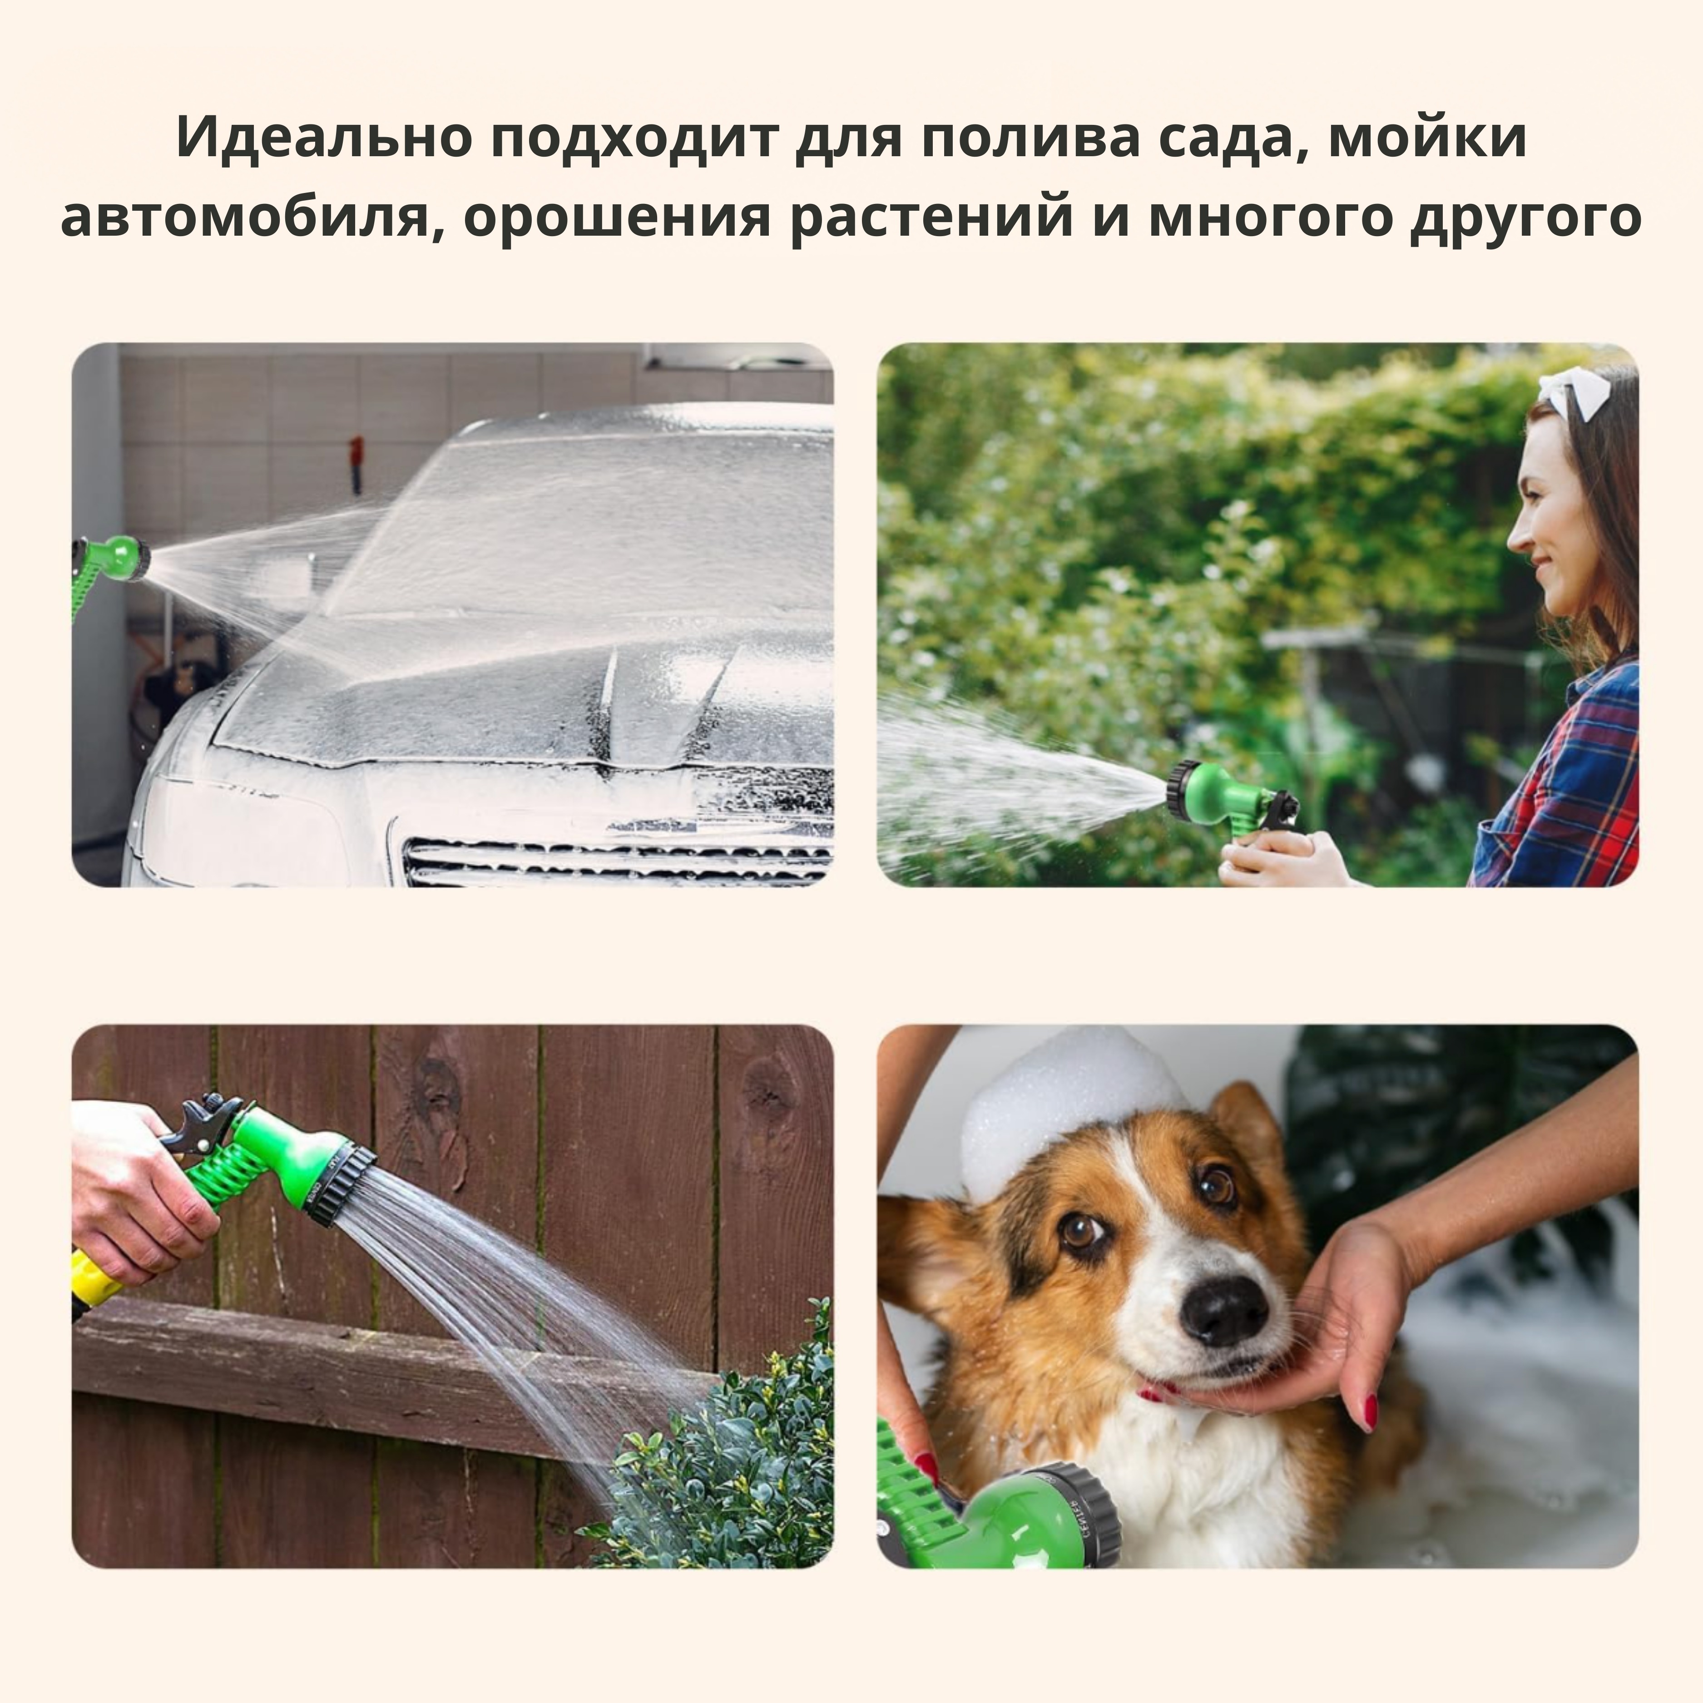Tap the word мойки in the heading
click(1427, 138)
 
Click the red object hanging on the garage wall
click(356, 462)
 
